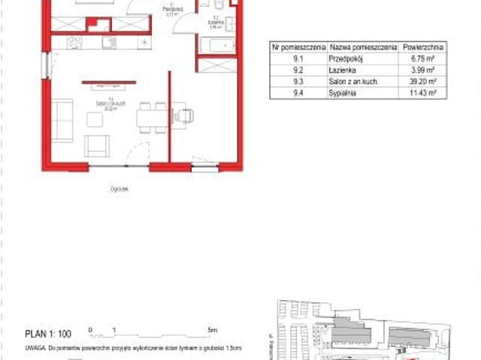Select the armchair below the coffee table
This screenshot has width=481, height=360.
tap(96, 145)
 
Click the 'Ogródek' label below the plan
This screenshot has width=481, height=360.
tap(118, 189)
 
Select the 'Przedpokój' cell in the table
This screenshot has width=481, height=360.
tap(343, 56)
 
